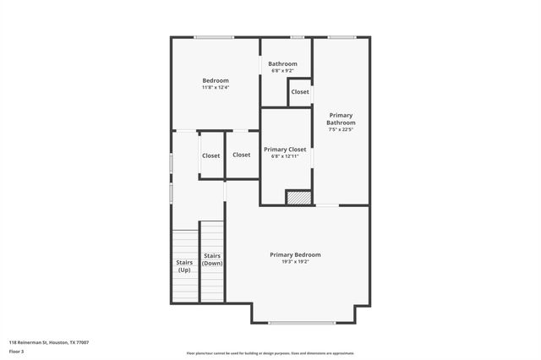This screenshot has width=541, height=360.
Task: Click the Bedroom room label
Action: coord(216,80)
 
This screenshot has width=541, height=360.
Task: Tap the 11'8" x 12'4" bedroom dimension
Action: coord(216,88)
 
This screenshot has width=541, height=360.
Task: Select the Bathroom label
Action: coord(283,64)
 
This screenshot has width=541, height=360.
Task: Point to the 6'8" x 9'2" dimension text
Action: coord(283,71)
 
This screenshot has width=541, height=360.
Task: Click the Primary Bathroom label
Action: coord(341,118)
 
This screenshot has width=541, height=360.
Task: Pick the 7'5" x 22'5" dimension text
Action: coord(341,129)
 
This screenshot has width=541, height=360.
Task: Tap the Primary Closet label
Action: coord(285,149)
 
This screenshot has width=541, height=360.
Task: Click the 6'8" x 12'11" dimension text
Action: coord(285,155)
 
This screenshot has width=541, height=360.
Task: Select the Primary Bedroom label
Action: coord(295,254)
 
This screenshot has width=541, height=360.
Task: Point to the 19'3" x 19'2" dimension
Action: coord(295,262)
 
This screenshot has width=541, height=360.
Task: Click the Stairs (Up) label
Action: coord(184,266)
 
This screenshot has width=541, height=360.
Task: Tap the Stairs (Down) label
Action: coord(212,259)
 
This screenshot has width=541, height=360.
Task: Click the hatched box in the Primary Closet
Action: coord(298,198)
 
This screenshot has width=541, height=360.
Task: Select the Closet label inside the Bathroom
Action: coord(300,92)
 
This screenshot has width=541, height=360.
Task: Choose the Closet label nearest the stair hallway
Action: coord(210,155)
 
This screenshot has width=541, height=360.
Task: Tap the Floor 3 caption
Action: coord(16,351)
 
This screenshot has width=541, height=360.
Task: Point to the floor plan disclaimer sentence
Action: coord(270,353)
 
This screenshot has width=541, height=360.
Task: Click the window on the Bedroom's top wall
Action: coord(214,37)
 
